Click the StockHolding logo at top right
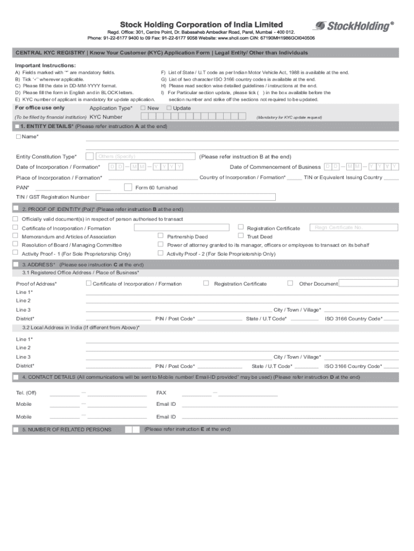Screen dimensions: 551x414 pyautogui.click(x=353, y=26)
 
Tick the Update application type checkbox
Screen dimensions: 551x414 pyautogui.click(x=169, y=108)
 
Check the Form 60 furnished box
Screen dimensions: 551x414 pyautogui.click(x=128, y=187)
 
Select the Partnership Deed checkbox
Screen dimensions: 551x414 pyautogui.click(x=160, y=236)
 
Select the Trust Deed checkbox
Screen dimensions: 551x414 pyautogui.click(x=241, y=236)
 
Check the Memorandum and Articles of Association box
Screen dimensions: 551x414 pyautogui.click(x=15, y=236)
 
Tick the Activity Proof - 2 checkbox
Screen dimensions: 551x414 pyautogui.click(x=160, y=253)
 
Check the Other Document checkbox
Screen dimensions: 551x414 pyautogui.click(x=290, y=283)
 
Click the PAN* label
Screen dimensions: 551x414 pyautogui.click(x=23, y=188)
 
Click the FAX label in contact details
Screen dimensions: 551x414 pyautogui.click(x=161, y=393)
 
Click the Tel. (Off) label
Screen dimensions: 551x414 pyautogui.click(x=26, y=393)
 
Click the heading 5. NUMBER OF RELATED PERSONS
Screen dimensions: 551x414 pyautogui.click(x=67, y=429)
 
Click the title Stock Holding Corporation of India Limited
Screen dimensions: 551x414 pyautogui.click(x=201, y=25)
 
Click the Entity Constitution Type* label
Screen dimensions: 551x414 pyautogui.click(x=46, y=157)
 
